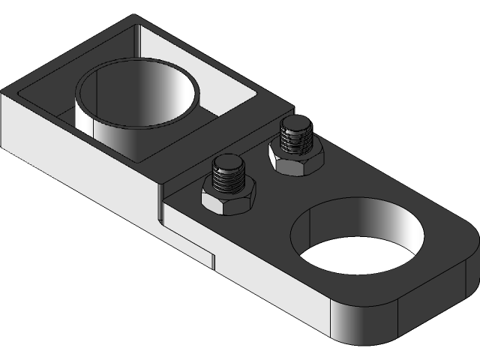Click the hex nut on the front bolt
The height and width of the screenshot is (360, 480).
(229, 199)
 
